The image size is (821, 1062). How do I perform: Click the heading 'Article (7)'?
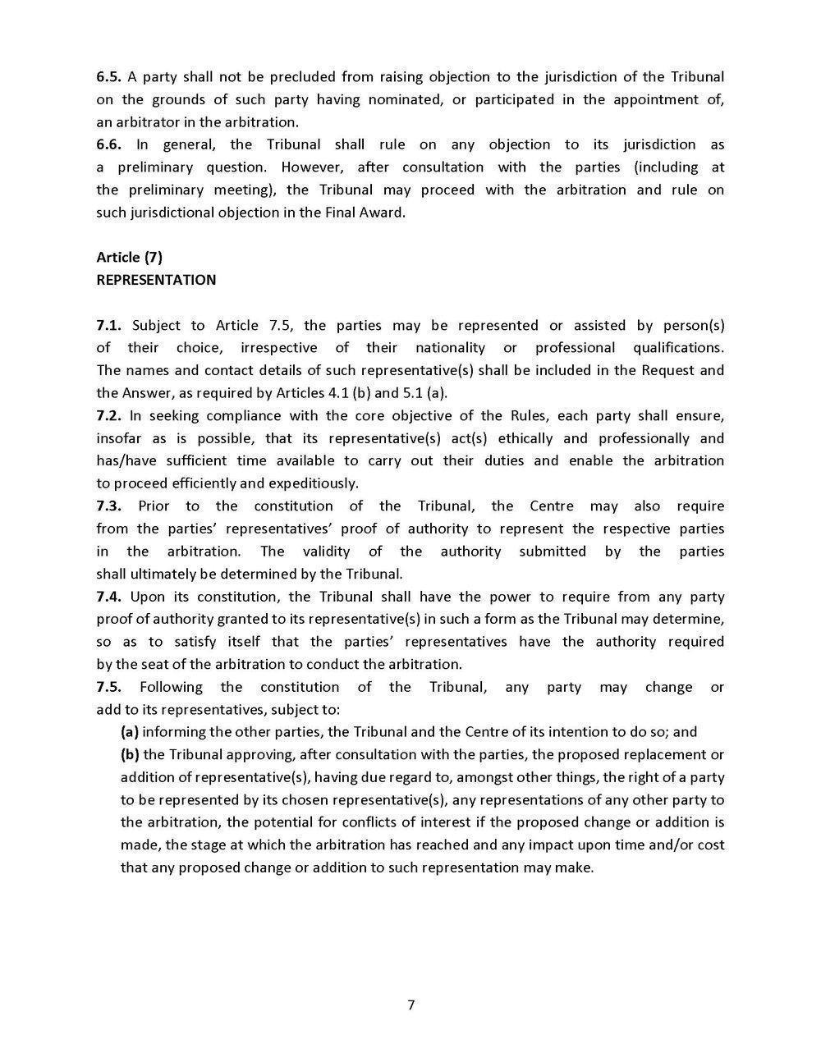tap(129, 257)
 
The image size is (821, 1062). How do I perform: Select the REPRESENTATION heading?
tap(156, 280)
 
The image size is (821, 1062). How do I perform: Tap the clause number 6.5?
tap(108, 77)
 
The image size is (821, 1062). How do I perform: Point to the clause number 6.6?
tap(108, 144)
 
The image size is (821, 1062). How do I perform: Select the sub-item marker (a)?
tap(129, 732)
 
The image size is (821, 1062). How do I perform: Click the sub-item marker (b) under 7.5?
tap(130, 754)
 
